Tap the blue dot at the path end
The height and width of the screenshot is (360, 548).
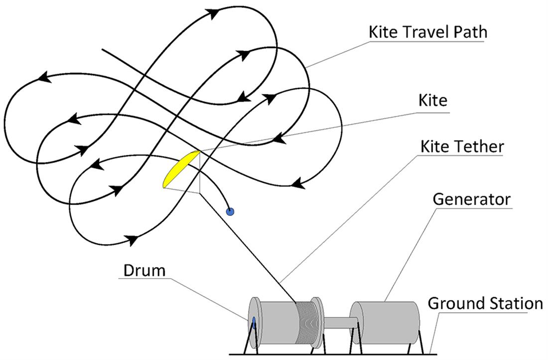tap(230, 211)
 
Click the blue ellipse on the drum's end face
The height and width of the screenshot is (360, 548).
tap(254, 323)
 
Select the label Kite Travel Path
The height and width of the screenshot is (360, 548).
tap(427, 32)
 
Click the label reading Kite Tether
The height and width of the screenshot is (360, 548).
tap(462, 147)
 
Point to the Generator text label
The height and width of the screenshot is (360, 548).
tap(471, 199)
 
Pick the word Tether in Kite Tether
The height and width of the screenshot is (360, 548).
tap(479, 147)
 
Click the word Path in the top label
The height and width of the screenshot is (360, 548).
tap(470, 32)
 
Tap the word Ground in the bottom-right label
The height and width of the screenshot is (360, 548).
tap(454, 303)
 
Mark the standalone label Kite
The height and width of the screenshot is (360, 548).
tap(433, 101)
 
